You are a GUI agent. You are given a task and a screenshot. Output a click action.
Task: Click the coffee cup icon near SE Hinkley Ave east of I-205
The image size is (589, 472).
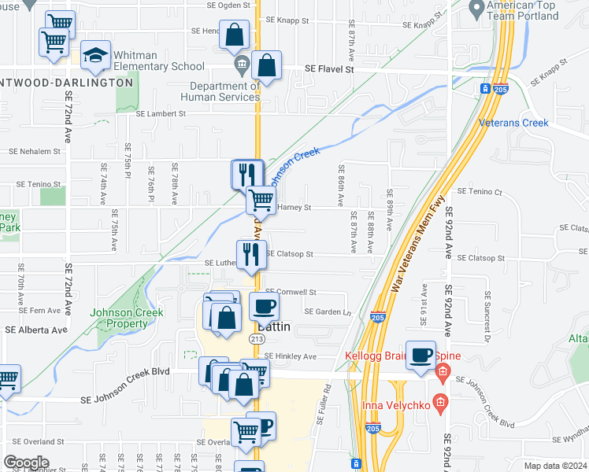tap(421, 354)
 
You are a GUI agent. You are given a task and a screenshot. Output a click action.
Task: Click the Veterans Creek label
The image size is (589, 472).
tap(513, 123)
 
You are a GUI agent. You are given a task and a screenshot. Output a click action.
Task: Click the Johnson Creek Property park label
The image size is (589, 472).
tap(126, 318)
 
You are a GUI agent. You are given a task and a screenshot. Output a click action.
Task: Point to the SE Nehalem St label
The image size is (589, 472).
tap(34, 151)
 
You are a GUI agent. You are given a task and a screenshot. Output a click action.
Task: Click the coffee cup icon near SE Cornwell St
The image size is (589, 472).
tap(264, 306)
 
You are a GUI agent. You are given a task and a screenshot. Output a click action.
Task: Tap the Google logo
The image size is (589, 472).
tap(26, 463)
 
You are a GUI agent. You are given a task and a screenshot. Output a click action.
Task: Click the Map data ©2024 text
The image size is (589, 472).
tap(556, 466)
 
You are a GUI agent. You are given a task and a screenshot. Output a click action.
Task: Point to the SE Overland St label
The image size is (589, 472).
tap(33, 441)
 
